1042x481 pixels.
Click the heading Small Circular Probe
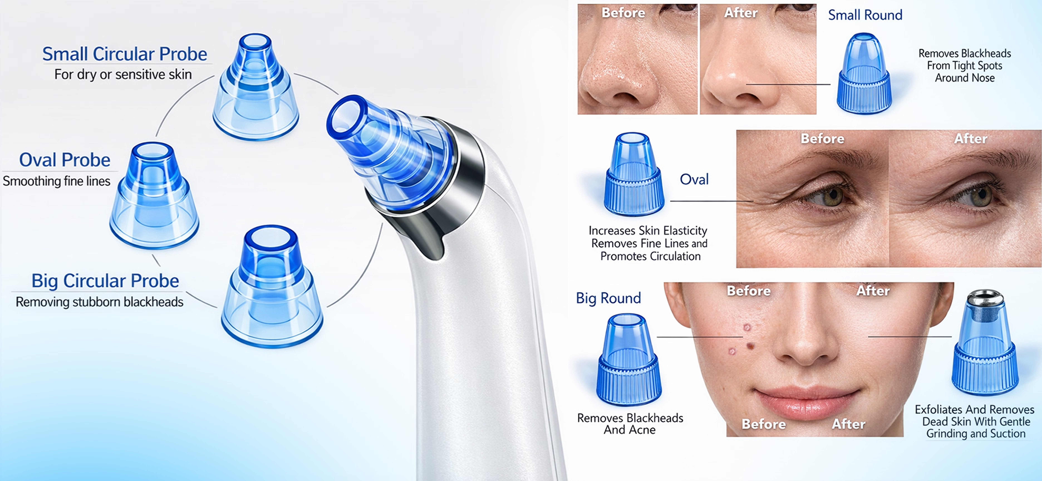(x=125, y=54)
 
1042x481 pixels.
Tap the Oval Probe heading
(x=65, y=160)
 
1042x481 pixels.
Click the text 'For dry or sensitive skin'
(x=123, y=74)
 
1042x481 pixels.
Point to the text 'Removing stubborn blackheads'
(x=99, y=302)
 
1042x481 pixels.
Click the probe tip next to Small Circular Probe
(x=256, y=87)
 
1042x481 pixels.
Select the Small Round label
(x=865, y=15)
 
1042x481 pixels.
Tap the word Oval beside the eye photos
(x=694, y=179)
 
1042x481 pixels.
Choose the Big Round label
(x=608, y=298)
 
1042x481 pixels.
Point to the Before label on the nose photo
(x=623, y=13)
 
